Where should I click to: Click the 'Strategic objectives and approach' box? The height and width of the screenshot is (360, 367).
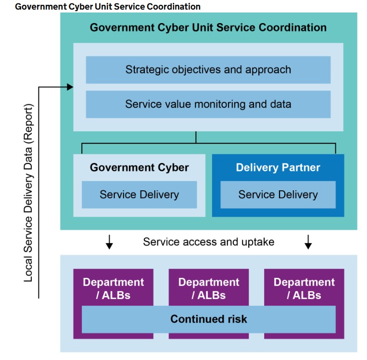tap(208, 70)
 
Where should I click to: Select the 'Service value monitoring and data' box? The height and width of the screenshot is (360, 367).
tap(208, 104)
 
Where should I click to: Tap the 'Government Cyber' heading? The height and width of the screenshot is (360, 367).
tap(139, 168)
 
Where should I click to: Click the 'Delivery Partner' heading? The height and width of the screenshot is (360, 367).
tap(278, 168)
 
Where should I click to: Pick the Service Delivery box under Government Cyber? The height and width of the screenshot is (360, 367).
tap(139, 195)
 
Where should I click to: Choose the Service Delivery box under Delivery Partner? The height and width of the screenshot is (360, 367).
tap(278, 195)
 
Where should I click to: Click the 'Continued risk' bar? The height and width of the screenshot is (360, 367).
tap(208, 319)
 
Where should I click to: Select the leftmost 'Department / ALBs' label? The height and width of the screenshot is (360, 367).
tap(113, 288)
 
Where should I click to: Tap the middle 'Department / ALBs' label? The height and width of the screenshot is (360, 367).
tap(208, 288)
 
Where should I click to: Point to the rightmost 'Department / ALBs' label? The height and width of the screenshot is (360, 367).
tap(304, 288)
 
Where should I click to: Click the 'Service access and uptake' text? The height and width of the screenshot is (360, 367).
tap(208, 242)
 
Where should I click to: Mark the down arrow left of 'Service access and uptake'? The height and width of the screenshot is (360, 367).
tap(109, 242)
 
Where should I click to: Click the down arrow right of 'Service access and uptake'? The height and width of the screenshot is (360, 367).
tap(308, 242)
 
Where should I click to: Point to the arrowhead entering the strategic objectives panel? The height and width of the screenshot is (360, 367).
tap(70, 87)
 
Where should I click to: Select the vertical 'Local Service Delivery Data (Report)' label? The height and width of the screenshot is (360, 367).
tap(29, 192)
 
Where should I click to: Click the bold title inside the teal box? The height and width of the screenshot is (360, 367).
tap(208, 27)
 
